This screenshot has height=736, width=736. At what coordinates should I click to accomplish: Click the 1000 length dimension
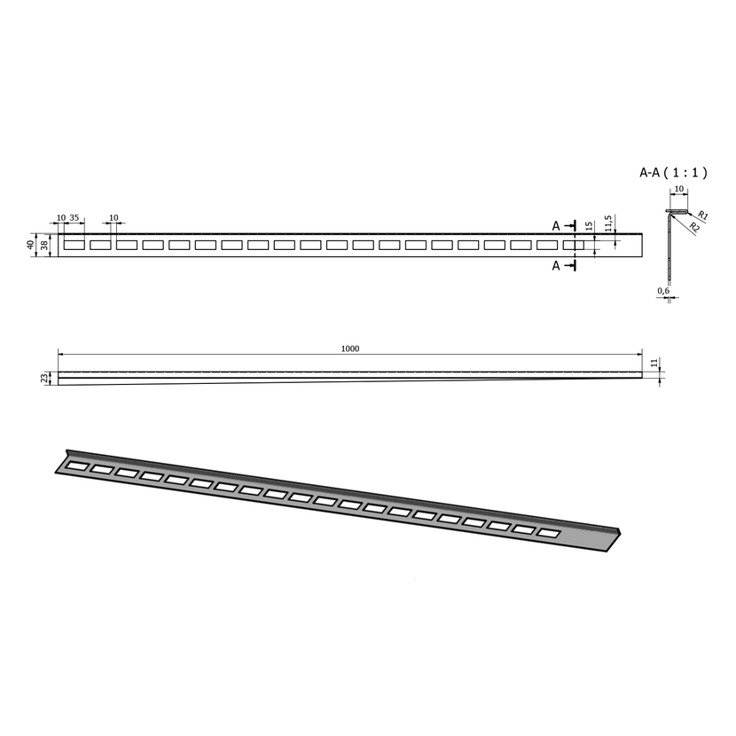coord(350,348)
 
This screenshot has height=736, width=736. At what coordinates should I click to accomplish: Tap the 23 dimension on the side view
coord(45,379)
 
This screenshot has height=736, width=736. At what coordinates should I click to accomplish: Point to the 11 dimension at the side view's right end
coord(654,363)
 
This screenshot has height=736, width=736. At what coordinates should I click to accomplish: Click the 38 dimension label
coord(43,245)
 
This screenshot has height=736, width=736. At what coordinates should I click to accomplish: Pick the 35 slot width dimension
coord(74,218)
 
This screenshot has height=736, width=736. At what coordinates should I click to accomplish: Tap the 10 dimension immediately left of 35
coord(61,218)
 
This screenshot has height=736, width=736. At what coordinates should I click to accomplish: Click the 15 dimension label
coord(589,226)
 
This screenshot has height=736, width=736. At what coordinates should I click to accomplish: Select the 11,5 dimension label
coord(608,223)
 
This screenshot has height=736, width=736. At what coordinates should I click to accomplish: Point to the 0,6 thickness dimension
coord(663,291)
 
